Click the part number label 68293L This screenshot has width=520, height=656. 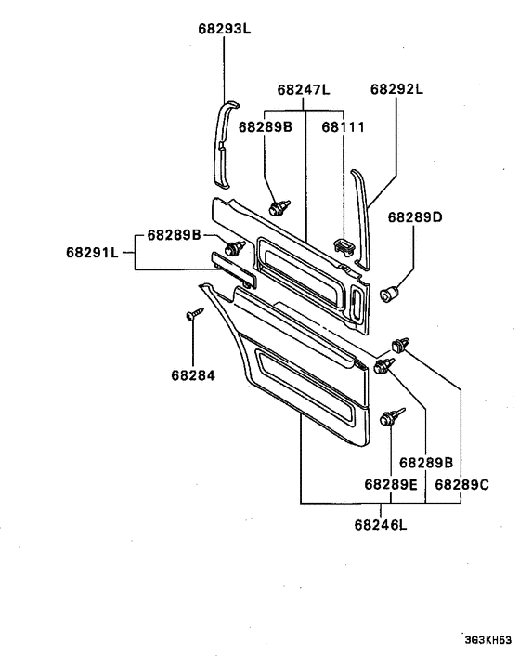225,29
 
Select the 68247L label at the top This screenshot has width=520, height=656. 305,90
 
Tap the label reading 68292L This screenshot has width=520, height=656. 396,89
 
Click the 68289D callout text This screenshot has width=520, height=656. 415,217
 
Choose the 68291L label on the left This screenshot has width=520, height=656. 94,252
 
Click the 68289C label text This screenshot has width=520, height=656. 461,484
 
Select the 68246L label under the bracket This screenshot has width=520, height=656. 381,525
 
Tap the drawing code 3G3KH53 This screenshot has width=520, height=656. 489,640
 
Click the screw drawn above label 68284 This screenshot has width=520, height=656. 194,315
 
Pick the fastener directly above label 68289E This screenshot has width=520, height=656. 390,417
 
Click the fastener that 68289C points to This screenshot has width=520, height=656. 401,345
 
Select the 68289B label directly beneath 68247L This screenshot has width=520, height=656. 266,125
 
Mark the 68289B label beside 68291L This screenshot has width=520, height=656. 171,235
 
